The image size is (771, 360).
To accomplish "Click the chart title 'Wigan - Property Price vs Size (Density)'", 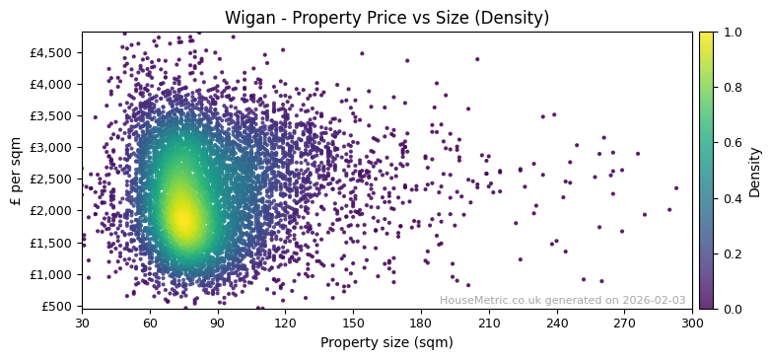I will tap(386, 18).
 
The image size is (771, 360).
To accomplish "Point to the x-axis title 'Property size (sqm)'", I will tap(386, 342).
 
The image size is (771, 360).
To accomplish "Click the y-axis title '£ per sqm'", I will tap(16, 170).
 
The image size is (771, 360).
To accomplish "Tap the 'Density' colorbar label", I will tap(754, 171).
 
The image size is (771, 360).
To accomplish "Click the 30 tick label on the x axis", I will tap(82, 323).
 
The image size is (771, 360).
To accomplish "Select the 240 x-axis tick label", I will tap(557, 323).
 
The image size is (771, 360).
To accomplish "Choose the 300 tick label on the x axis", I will tap(692, 323).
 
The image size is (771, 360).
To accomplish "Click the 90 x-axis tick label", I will tap(218, 323).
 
